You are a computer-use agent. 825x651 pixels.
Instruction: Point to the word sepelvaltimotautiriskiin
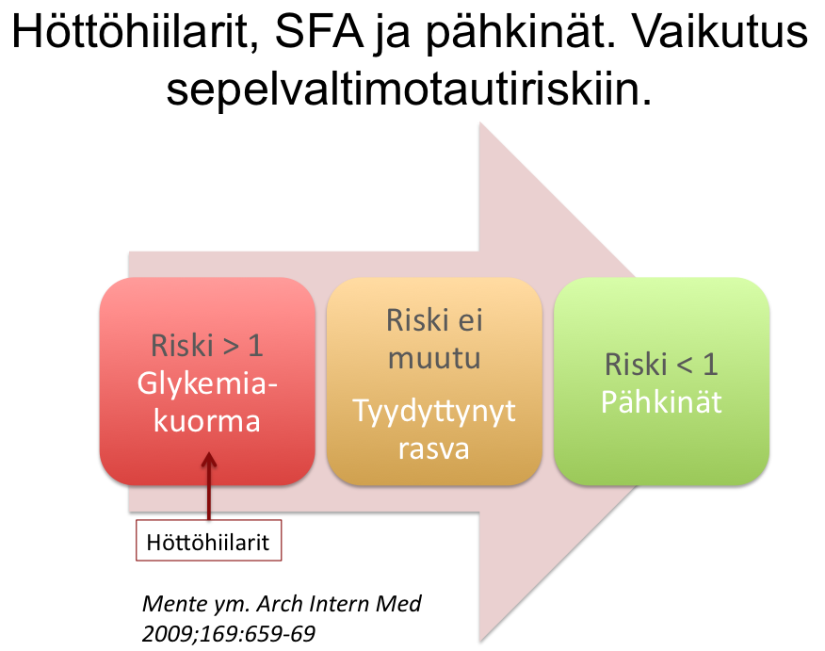(x=410, y=89)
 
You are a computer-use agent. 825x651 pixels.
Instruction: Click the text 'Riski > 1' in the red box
(x=207, y=346)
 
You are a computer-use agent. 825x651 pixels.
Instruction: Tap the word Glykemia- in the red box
(x=207, y=383)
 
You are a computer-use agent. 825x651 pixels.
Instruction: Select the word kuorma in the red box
(x=207, y=421)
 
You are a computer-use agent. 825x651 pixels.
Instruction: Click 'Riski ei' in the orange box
(x=434, y=320)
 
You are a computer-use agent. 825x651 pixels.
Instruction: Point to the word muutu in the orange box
(x=434, y=359)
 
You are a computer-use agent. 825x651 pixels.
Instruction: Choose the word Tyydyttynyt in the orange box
(x=434, y=412)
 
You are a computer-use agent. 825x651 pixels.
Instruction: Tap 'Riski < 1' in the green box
(x=661, y=365)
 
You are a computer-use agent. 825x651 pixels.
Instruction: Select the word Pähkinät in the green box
(x=661, y=401)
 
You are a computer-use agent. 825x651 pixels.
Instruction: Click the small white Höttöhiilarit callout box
(x=208, y=541)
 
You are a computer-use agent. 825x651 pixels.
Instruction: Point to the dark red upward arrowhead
(x=209, y=459)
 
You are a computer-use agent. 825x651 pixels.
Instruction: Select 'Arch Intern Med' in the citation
(x=339, y=604)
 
